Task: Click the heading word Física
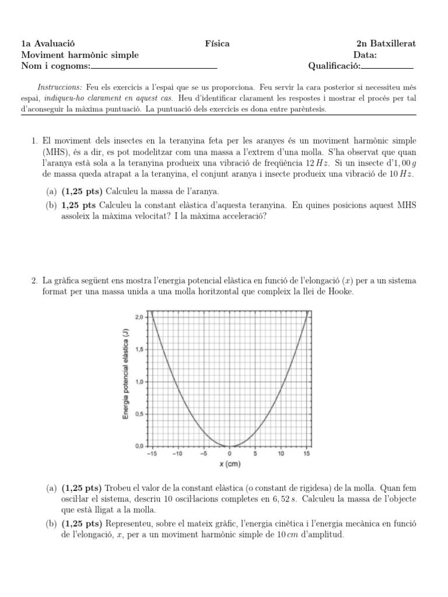click(x=217, y=44)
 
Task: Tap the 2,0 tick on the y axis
click(x=138, y=317)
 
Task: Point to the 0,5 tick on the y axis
click(x=138, y=414)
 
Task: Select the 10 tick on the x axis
click(x=281, y=454)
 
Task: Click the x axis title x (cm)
click(x=230, y=464)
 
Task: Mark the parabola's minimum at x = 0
click(x=229, y=446)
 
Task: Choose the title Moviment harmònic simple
click(x=80, y=55)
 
